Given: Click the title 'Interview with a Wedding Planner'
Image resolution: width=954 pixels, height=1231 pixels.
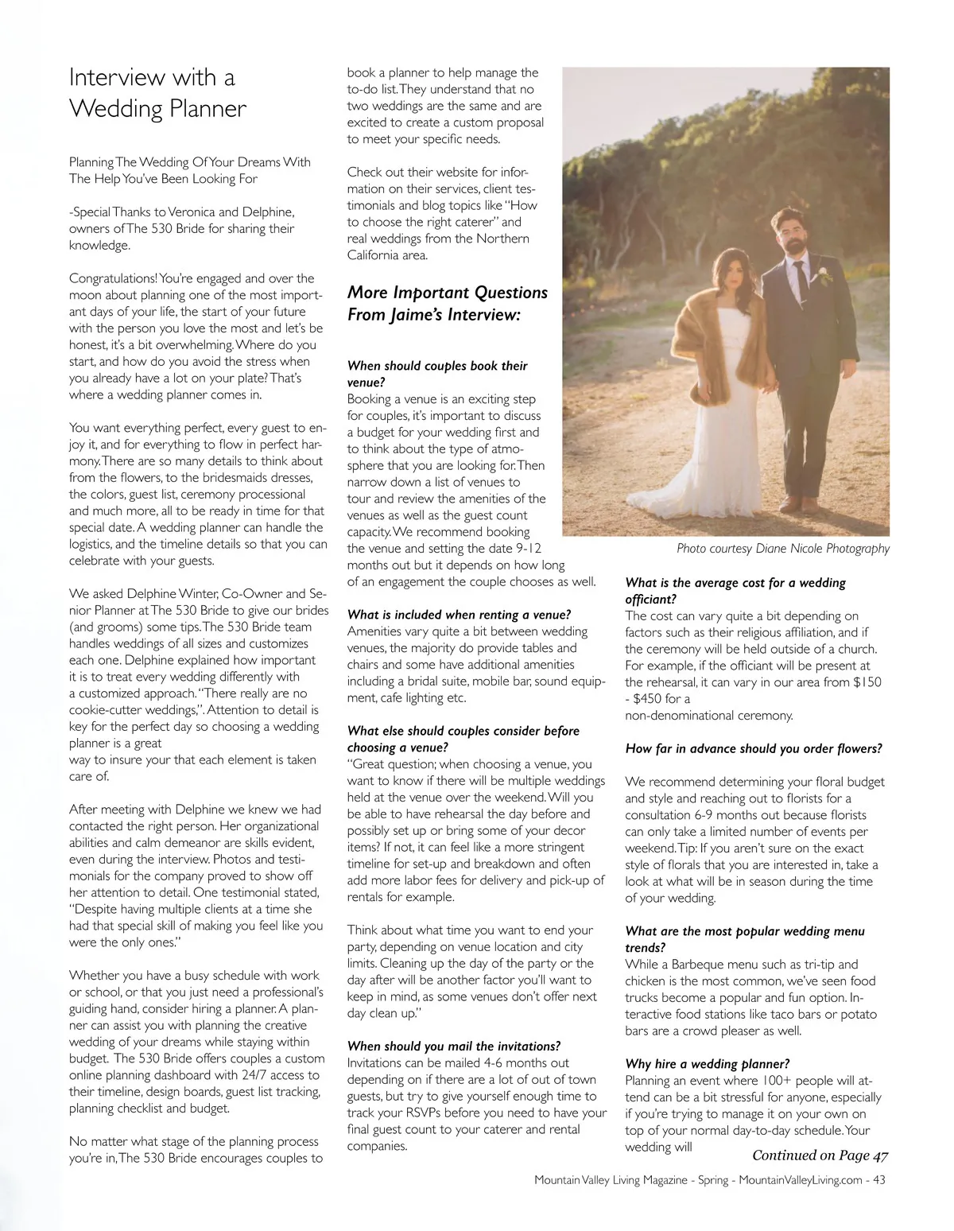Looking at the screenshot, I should pos(157,92).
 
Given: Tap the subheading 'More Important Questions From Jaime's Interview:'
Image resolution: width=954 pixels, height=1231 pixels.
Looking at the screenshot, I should pos(447,303).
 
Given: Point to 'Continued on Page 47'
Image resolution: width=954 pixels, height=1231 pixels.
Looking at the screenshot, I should pos(820,1155).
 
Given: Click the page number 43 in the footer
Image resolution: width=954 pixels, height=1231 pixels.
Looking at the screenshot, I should pos(878,1180).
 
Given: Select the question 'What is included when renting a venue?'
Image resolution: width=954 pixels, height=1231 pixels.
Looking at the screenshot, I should pos(459,615).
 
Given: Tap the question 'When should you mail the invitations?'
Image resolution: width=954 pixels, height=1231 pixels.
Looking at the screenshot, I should pos(453,1046).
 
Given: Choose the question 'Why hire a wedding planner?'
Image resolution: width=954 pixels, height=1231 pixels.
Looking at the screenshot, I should pos(707,1063).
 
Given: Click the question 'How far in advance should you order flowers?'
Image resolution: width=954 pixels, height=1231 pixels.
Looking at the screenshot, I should pos(753,748).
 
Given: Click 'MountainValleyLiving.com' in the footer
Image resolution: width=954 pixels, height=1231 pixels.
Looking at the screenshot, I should pos(800,1180).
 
